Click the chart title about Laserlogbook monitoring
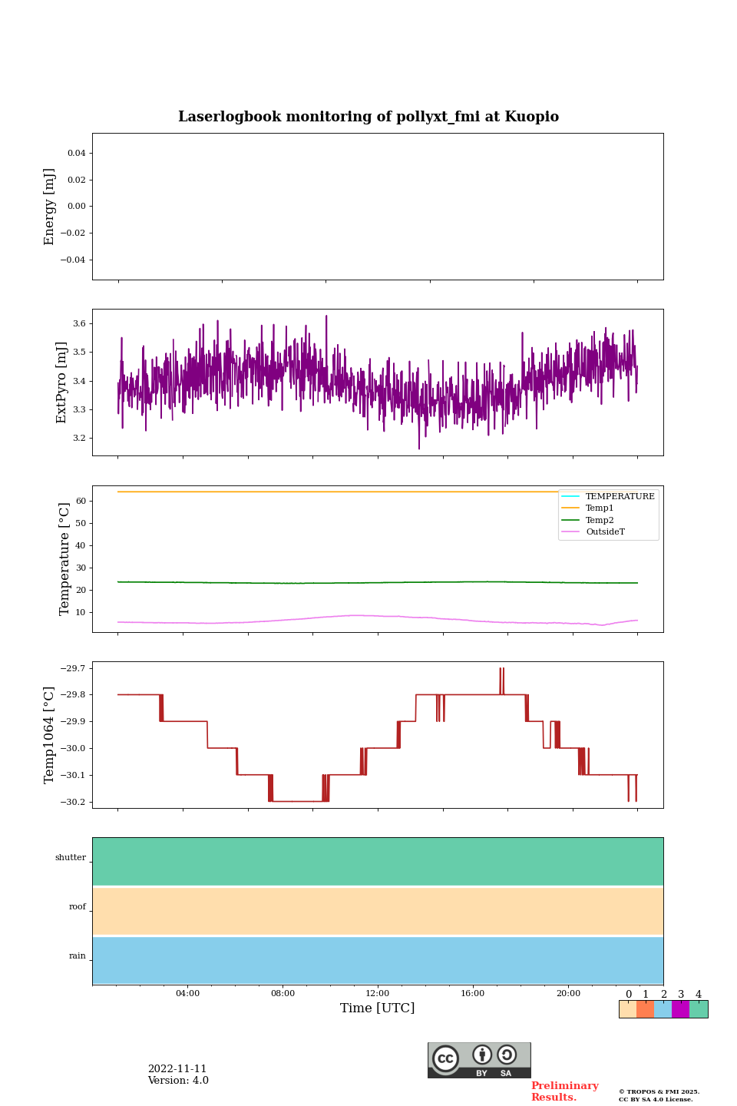(x=368, y=117)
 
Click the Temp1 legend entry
(x=600, y=508)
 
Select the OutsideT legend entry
(x=605, y=532)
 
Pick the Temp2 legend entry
(x=600, y=521)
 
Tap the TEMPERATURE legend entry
(x=620, y=497)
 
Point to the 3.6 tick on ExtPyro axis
(x=79, y=324)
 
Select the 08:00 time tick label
(x=283, y=994)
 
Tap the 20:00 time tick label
(x=568, y=994)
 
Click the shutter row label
(x=71, y=858)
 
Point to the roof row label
(x=78, y=907)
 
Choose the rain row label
(x=78, y=956)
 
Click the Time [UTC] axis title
(x=377, y=1008)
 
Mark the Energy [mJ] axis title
(x=50, y=207)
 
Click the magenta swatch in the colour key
(x=680, y=1009)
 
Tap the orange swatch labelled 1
(x=645, y=1009)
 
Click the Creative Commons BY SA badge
(x=479, y=1060)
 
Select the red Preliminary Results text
(x=564, y=1091)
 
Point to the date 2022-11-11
(x=177, y=1069)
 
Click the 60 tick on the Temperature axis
(x=80, y=502)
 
